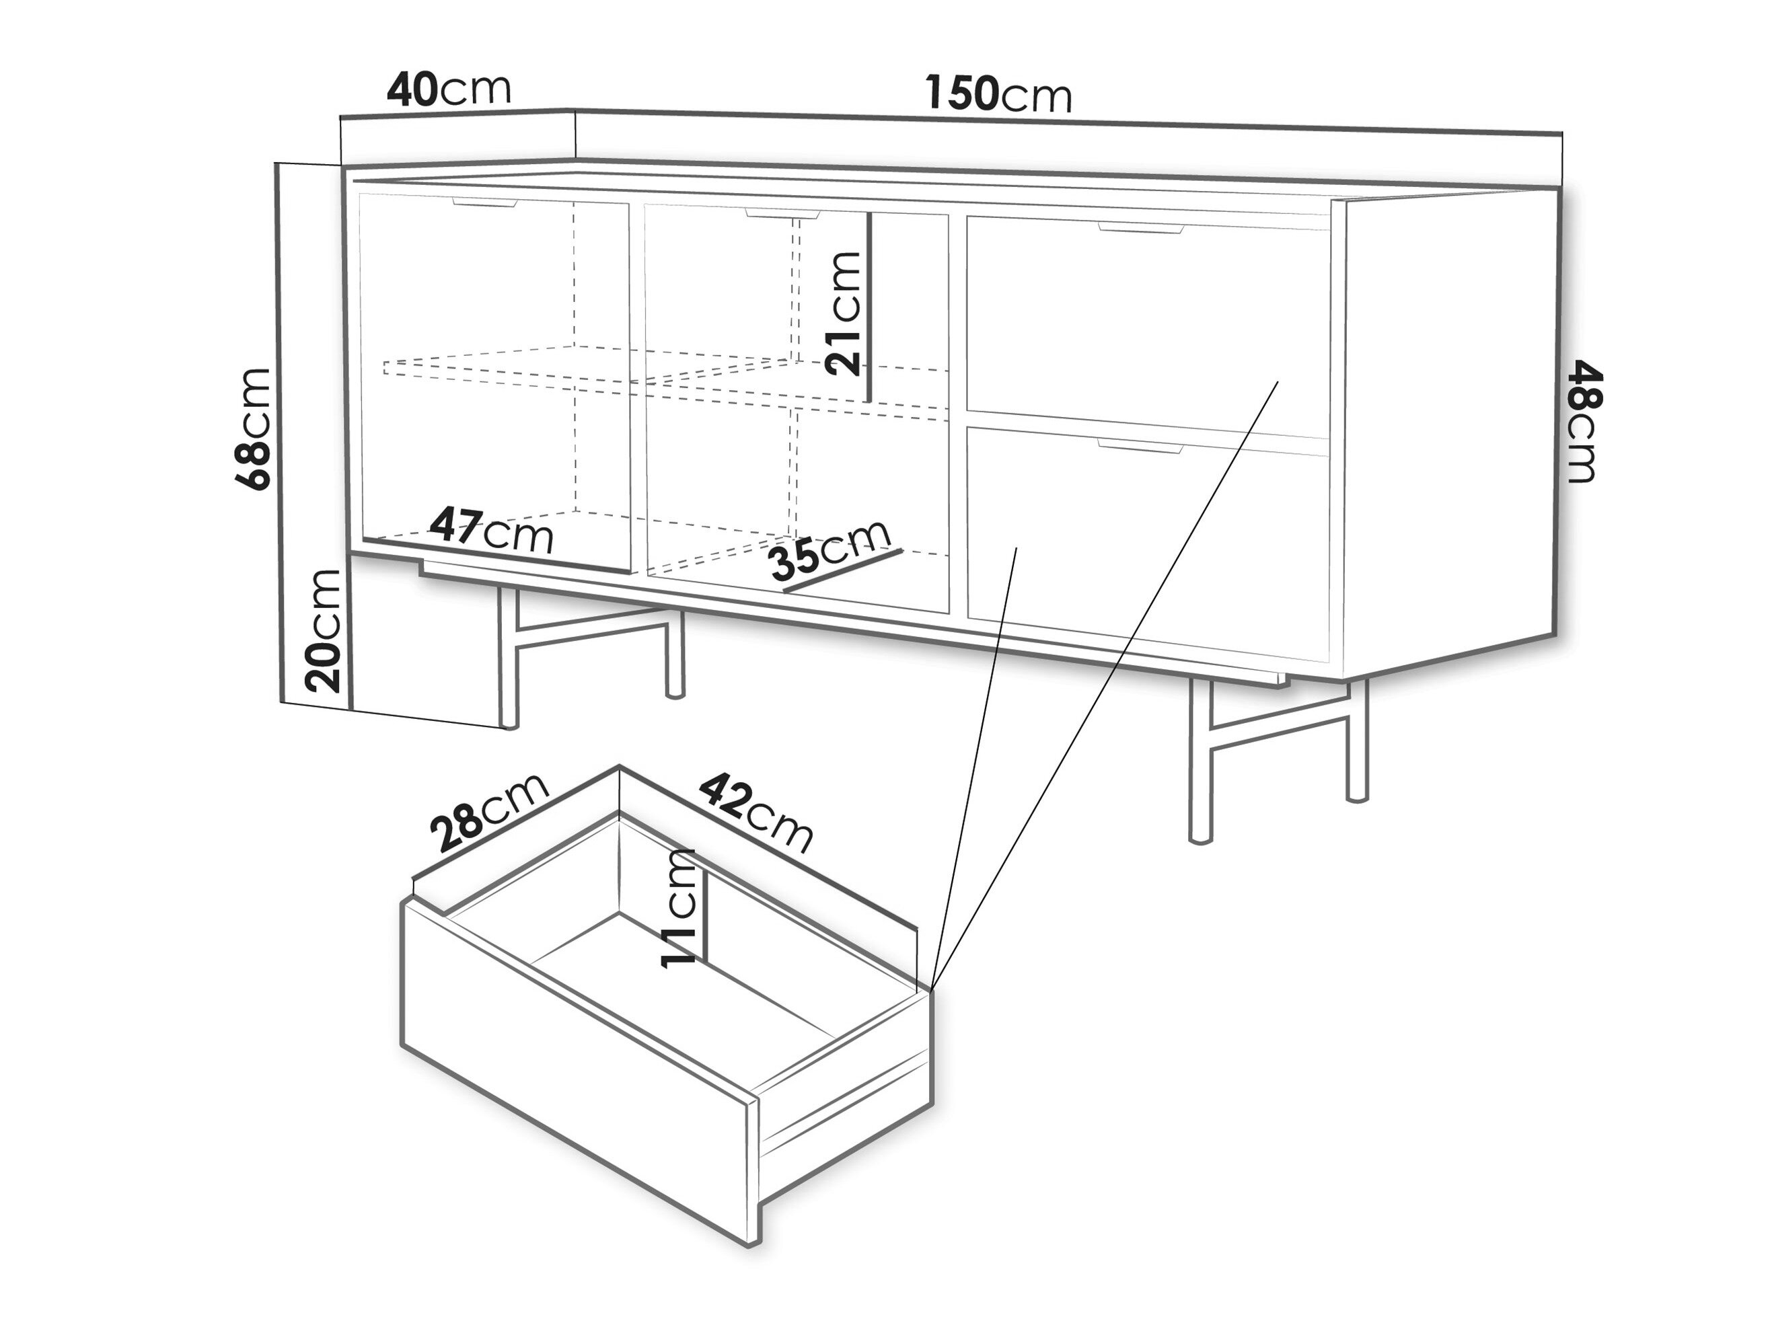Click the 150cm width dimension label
tap(998, 94)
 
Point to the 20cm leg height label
tap(324, 630)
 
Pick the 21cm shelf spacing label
tap(844, 313)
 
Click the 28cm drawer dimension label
tap(490, 812)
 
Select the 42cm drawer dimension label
tap(757, 812)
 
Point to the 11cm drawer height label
tap(679, 909)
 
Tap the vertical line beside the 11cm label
tap(705, 907)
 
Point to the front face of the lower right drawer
tap(1148, 544)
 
